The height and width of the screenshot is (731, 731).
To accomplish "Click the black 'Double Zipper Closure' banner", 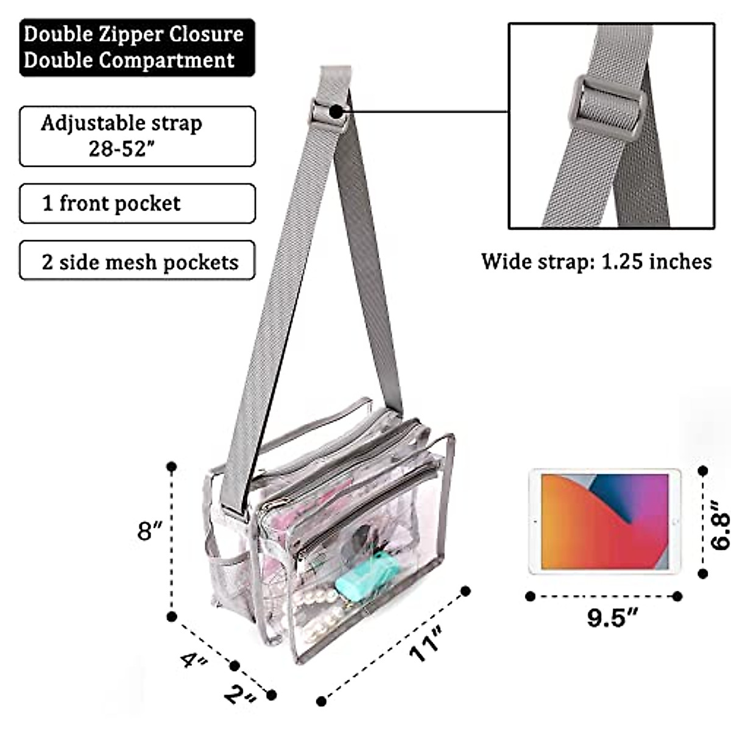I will [x=137, y=48].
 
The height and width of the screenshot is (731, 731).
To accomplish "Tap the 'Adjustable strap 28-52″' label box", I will [x=137, y=136].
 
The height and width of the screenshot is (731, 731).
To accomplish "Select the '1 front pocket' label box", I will [x=137, y=203].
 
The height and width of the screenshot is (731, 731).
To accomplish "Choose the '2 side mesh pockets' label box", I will [x=137, y=262].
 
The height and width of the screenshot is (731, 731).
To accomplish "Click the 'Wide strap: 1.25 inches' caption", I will [x=596, y=261].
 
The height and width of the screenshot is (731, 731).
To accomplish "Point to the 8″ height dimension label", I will [x=149, y=531].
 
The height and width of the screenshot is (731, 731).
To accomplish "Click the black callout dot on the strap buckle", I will [x=335, y=111].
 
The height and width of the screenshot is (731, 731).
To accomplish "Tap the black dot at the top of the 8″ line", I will [x=172, y=467].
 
